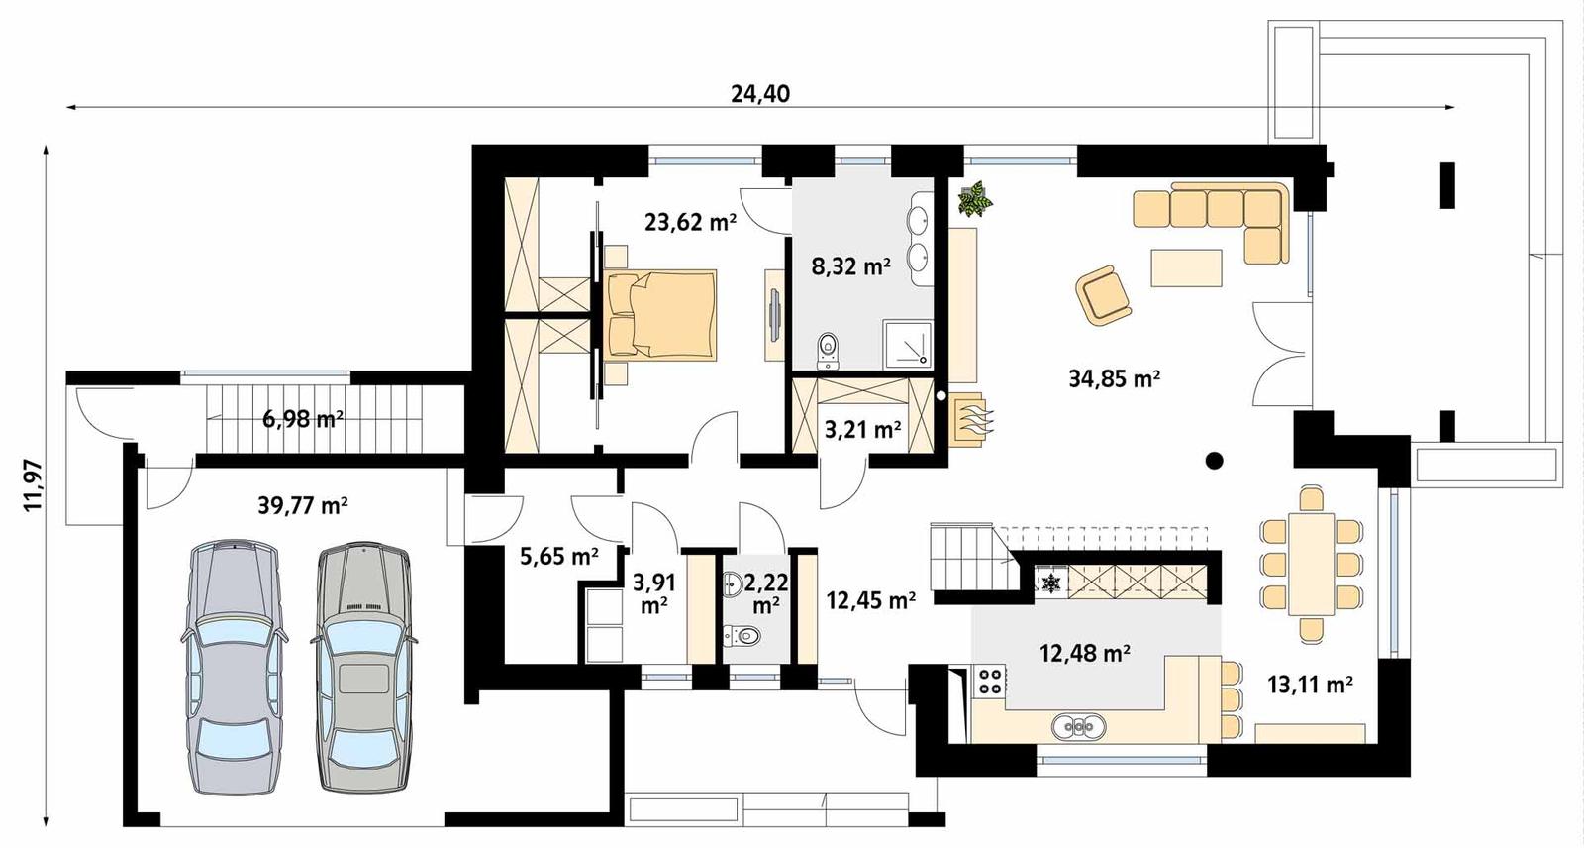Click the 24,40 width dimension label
(x=760, y=94)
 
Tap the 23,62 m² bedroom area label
(x=690, y=222)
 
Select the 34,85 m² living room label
(x=1114, y=378)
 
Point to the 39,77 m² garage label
(x=302, y=506)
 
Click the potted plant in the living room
(x=974, y=199)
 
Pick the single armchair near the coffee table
(x=1103, y=294)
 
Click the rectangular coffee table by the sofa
(x=1186, y=267)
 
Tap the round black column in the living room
(x=1215, y=460)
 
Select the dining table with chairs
(x=1311, y=562)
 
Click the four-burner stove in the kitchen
(x=989, y=681)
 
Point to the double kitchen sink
(x=1076, y=727)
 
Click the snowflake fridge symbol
(x=1049, y=582)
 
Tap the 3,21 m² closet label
(x=862, y=430)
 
